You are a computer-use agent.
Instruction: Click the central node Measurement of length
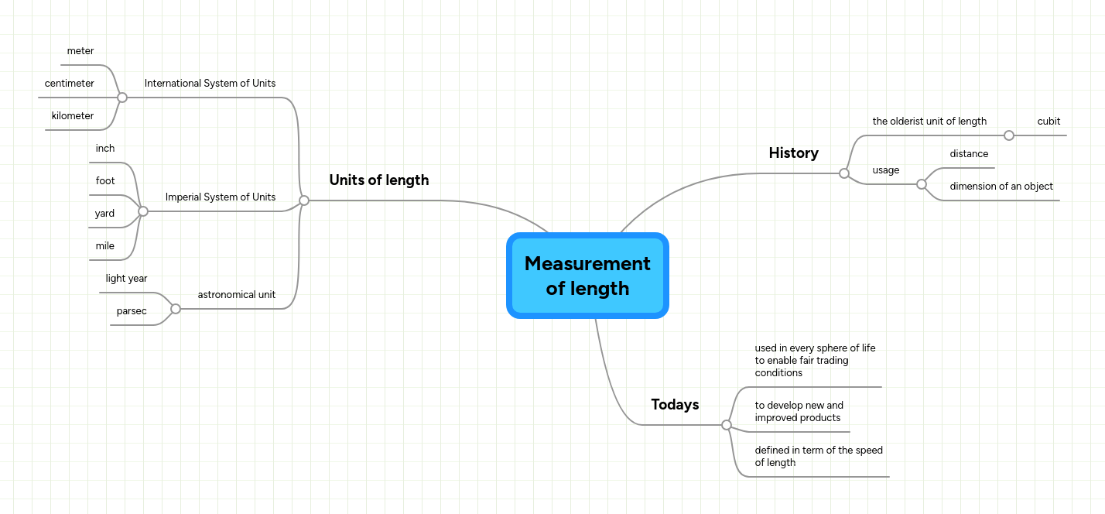coord(587,276)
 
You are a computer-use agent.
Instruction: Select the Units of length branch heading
coord(378,180)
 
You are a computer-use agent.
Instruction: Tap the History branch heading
coord(793,153)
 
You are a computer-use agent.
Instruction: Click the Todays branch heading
coord(675,405)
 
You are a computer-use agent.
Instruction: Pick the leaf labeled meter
coord(80,51)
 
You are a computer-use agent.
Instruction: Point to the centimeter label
coord(70,84)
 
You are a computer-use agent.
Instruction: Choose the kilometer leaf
coord(73,116)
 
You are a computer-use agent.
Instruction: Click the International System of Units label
coord(210,84)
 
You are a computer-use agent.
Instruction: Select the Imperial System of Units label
coord(221,197)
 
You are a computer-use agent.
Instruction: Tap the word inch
coord(105,149)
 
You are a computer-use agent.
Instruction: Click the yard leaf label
coord(104,214)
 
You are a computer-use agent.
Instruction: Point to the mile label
coord(104,246)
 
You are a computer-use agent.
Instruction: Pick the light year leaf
coord(127,279)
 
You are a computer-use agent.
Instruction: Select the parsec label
coord(132,311)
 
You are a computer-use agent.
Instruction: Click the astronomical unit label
coord(237,295)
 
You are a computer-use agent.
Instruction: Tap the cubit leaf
coord(1049,122)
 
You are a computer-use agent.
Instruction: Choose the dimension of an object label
coord(1001,187)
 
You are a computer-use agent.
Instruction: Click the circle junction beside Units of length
coord(304,200)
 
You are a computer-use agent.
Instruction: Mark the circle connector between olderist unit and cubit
coord(1008,135)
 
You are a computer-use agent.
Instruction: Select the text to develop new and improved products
coord(799,412)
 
